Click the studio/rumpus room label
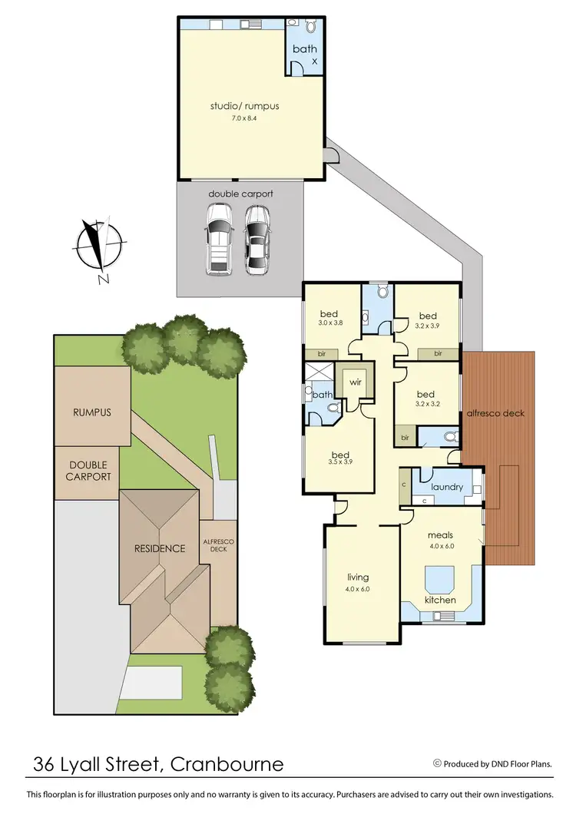pyautogui.click(x=244, y=106)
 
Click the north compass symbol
pyautogui.click(x=98, y=246)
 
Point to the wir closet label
pyautogui.click(x=355, y=381)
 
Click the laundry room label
pyautogui.click(x=446, y=487)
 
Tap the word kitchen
pyautogui.click(x=440, y=600)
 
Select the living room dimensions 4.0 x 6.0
pyautogui.click(x=358, y=589)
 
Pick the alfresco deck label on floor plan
pyautogui.click(x=496, y=413)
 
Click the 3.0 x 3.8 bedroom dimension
pyautogui.click(x=329, y=324)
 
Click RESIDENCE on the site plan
pyautogui.click(x=160, y=548)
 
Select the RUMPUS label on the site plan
pyautogui.click(x=92, y=412)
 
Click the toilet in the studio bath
pyautogui.click(x=310, y=26)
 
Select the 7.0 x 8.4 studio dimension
pyautogui.click(x=244, y=117)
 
